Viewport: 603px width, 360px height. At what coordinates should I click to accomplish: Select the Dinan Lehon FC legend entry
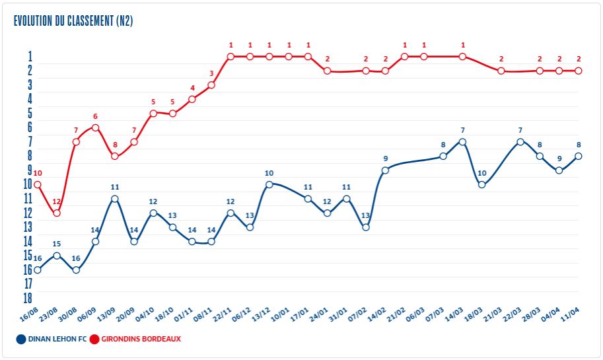tap(49, 339)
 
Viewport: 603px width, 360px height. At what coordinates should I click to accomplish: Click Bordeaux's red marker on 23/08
tap(57, 213)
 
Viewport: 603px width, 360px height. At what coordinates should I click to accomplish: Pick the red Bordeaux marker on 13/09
tap(115, 156)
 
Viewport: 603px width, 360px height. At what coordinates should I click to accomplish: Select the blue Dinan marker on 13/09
tap(115, 199)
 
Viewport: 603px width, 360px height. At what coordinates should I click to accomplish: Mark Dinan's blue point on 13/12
tap(269, 184)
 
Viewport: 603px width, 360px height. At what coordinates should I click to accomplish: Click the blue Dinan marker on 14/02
tap(385, 170)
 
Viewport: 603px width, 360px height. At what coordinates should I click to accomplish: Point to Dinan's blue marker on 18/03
tap(482, 184)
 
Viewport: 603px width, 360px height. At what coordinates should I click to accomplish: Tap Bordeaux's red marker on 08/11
tap(211, 85)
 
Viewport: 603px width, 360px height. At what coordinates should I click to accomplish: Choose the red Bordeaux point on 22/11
tap(231, 57)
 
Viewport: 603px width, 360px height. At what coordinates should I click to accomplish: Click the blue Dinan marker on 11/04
tap(579, 156)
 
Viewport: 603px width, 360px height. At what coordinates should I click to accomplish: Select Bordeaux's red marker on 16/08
tap(38, 184)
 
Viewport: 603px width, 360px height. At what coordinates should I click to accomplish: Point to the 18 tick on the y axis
tap(27, 297)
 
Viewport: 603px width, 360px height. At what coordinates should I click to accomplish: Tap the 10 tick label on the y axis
tap(27, 184)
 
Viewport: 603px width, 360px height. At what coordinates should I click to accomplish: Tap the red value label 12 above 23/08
tap(57, 201)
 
